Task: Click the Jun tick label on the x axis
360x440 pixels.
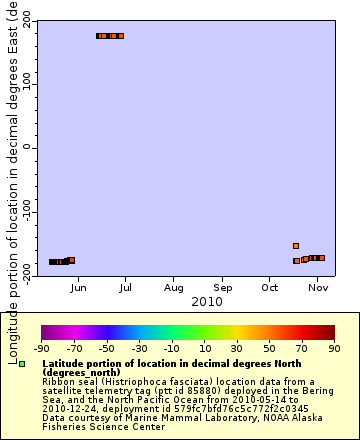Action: coord(78,288)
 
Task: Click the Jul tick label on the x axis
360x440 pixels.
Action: coord(126,288)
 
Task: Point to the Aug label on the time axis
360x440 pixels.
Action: coord(174,288)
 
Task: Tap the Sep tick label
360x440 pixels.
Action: coord(222,288)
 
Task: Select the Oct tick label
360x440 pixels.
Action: coord(270,288)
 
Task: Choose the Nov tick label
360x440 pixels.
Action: coord(318,288)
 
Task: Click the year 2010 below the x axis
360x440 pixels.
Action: coord(206,301)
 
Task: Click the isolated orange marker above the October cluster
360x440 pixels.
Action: coord(296,246)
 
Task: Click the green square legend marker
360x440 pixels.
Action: coord(22,363)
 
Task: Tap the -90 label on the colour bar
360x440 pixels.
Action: coord(41,348)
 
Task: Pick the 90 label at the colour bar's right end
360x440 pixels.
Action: coord(334,348)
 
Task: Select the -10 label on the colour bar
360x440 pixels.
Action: coord(171,348)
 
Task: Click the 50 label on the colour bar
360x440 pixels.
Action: coord(269,348)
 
